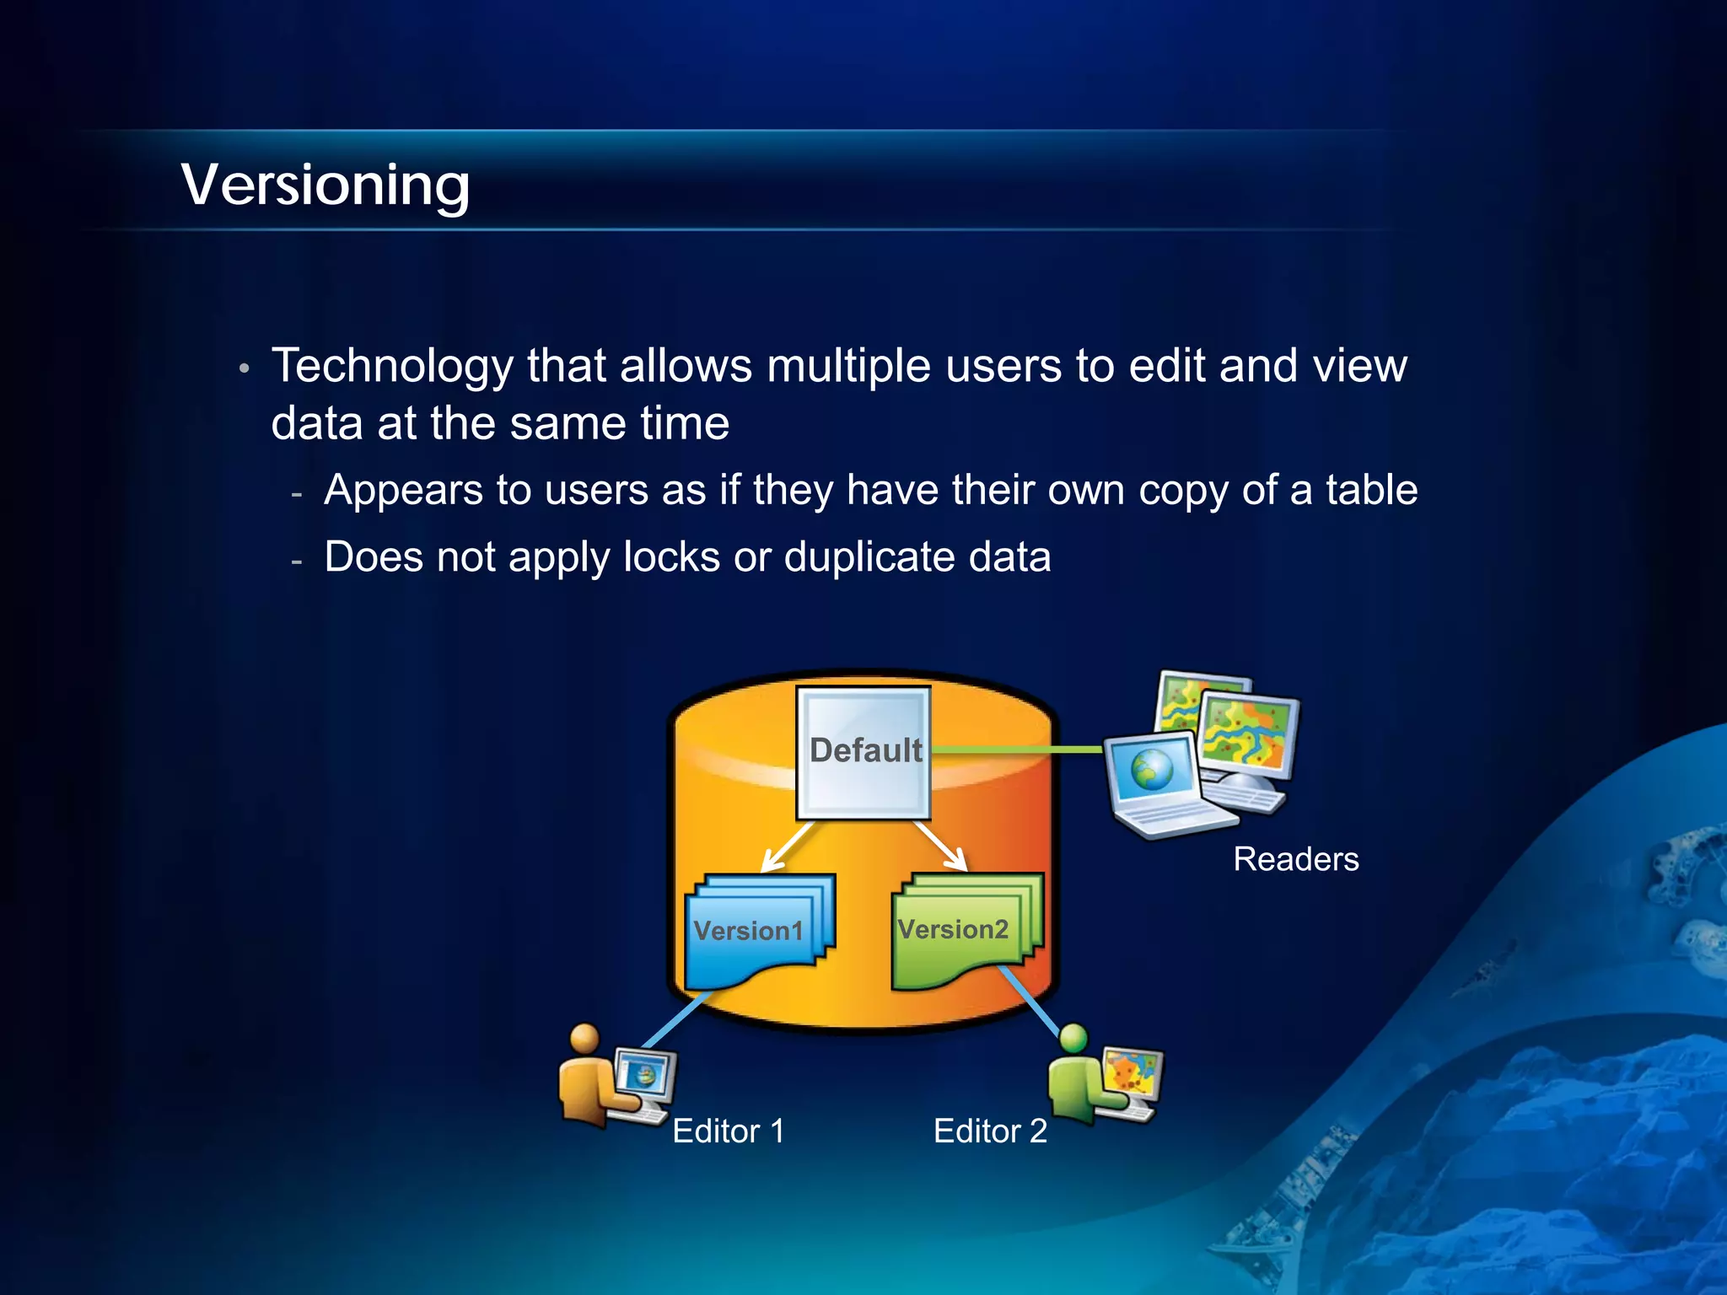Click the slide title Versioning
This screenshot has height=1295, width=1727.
click(325, 185)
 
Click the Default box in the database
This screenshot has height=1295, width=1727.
click(863, 753)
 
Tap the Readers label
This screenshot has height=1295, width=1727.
click(1295, 859)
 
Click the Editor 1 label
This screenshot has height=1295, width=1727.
click(728, 1131)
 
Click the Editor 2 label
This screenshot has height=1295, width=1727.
click(989, 1131)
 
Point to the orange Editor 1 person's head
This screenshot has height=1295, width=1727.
click(584, 1039)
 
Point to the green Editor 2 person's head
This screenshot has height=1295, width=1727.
click(1073, 1038)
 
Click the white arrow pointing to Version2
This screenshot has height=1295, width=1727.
click(943, 846)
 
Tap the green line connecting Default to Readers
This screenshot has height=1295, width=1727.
click(1016, 749)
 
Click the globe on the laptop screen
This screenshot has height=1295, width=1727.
click(1152, 770)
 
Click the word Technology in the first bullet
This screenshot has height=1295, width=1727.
click(392, 366)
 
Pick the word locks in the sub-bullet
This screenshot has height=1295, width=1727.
click(671, 557)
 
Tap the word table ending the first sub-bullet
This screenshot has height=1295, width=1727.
click(1371, 490)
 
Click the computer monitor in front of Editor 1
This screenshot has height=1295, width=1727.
click(645, 1076)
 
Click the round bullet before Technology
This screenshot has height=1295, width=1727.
click(244, 368)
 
